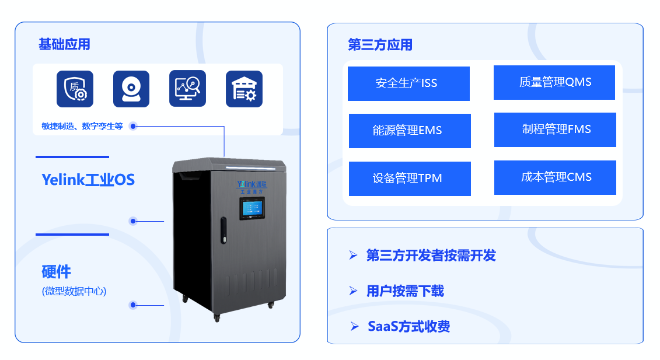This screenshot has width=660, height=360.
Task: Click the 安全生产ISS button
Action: [408, 83]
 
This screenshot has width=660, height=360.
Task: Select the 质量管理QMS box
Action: [554, 82]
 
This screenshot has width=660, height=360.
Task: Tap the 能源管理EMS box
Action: [410, 131]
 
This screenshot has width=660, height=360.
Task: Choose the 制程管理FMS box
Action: [555, 130]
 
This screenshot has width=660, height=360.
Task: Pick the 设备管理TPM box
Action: [410, 179]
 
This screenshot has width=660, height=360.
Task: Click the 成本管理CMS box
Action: [555, 177]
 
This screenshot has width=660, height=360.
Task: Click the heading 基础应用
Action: [64, 44]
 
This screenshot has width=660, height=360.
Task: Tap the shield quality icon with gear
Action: [75, 89]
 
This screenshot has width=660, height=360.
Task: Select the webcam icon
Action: [131, 89]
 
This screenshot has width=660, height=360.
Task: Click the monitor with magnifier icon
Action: [187, 89]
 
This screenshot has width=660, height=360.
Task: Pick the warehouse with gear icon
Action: [244, 89]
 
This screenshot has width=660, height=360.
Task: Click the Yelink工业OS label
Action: [88, 180]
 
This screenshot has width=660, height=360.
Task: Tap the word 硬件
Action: [56, 271]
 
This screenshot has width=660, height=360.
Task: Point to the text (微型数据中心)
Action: [74, 291]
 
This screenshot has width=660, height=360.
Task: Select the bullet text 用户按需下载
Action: [405, 291]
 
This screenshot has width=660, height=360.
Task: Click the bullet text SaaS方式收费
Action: [408, 326]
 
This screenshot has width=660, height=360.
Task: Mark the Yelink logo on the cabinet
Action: [252, 184]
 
